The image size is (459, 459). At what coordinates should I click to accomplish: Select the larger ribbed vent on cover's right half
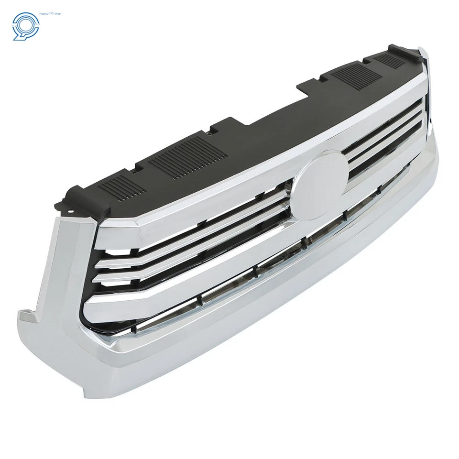coord(351,74)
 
